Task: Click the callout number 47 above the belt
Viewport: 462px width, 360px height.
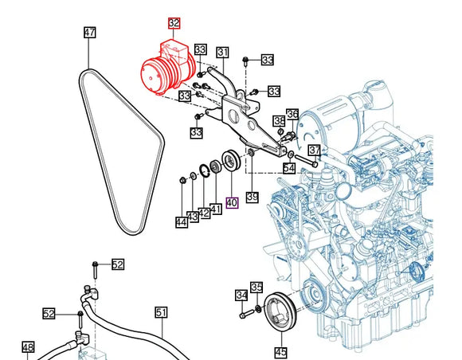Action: [x=90, y=32]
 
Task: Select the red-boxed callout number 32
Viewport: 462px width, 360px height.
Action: [x=174, y=23]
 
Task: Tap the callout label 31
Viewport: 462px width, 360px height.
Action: [x=223, y=53]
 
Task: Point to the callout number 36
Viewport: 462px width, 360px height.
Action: [x=292, y=114]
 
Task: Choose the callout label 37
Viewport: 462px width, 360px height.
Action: [x=315, y=151]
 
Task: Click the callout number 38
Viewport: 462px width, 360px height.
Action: [x=280, y=121]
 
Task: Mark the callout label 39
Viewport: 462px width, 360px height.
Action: [x=253, y=197]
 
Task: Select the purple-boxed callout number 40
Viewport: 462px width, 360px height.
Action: [x=232, y=202]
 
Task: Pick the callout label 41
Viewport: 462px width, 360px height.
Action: [x=216, y=209]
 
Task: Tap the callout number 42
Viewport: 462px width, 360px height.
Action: [x=204, y=213]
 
